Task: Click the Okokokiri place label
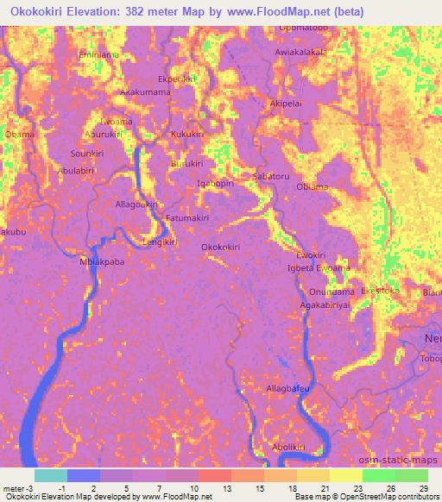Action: [220, 247]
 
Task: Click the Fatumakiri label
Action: [187, 218]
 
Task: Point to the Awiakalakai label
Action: [300, 52]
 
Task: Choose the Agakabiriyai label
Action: [325, 305]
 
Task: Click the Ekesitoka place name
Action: [381, 291]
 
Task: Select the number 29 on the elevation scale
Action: [423, 489]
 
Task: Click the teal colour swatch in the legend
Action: [50, 474]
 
